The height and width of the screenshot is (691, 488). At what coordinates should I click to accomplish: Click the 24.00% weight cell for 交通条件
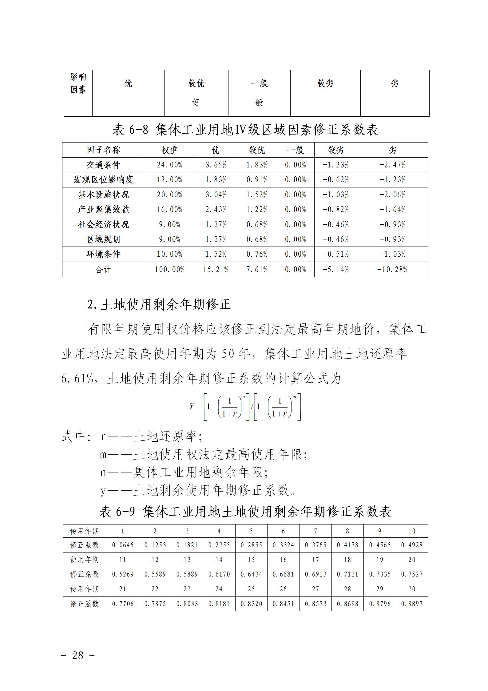click(169, 165)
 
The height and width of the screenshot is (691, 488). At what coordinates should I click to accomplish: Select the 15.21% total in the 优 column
click(216, 270)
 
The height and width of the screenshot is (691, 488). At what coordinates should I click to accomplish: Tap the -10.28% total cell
click(392, 270)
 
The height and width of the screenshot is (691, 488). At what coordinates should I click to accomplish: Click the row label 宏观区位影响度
click(103, 180)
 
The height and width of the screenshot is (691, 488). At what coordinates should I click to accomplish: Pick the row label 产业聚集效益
click(103, 210)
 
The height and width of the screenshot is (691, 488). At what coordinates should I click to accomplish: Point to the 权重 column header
click(169, 150)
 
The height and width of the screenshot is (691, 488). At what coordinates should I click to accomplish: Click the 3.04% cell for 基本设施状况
click(216, 195)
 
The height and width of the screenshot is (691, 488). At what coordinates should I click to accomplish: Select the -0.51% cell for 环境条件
click(335, 254)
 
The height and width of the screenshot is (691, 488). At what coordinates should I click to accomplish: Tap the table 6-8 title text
click(245, 130)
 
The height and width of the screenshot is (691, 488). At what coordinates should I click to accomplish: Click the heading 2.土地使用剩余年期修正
click(159, 305)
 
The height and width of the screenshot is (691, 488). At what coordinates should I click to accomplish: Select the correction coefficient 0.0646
click(123, 545)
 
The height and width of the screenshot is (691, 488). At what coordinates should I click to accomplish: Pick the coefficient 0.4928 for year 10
click(412, 545)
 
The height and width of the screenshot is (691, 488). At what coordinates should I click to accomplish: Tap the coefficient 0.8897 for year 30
click(412, 604)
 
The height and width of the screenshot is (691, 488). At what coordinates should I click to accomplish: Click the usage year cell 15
click(251, 560)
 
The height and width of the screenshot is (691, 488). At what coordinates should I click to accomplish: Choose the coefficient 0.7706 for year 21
click(123, 604)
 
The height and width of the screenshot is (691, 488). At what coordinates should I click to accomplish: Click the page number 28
click(77, 656)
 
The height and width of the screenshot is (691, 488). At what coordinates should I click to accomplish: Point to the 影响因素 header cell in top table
click(78, 83)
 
